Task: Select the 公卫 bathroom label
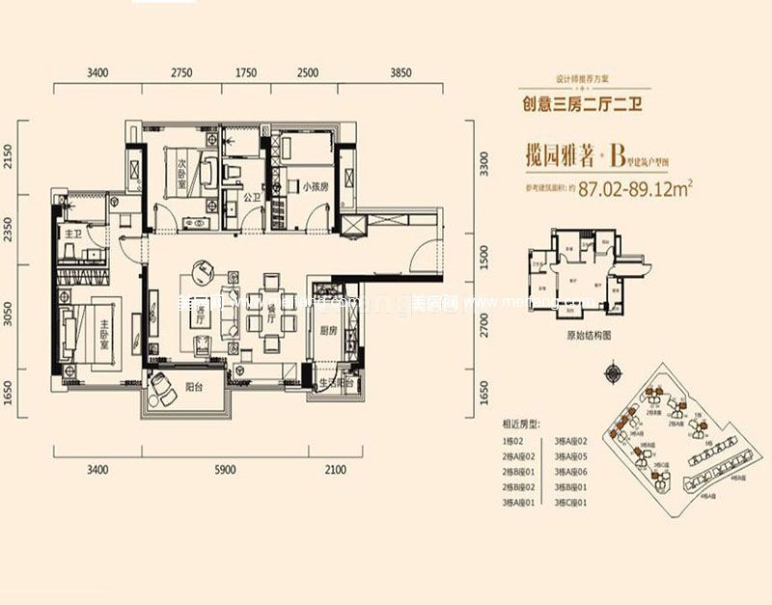[253, 198]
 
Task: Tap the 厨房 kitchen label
[327, 331]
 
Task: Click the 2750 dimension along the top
[182, 73]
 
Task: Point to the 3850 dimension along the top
[401, 73]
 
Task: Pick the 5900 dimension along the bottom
[224, 470]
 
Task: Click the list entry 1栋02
[512, 440]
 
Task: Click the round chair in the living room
[205, 269]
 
